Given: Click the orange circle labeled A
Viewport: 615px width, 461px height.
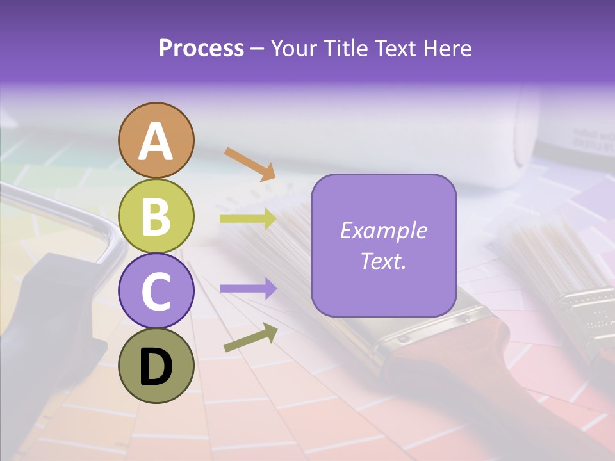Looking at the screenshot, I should coord(156,140).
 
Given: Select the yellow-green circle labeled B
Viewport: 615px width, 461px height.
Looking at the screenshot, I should coord(156,216).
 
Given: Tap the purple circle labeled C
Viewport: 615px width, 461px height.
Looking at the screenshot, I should coord(156,291).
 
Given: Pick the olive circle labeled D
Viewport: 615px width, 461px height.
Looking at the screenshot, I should coord(156,366).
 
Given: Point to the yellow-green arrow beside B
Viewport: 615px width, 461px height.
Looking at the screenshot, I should coord(248,219).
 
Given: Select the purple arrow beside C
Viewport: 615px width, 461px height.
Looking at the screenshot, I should coord(248,289).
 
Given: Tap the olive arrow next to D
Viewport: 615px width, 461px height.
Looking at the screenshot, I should coord(250,337).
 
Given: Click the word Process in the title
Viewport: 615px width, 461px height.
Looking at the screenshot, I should coord(201,48).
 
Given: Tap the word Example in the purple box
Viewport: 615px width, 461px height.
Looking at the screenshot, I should coord(384,230).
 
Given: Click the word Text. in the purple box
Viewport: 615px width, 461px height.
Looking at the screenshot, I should coord(384,261).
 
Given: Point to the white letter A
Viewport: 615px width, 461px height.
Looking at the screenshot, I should coord(156,142).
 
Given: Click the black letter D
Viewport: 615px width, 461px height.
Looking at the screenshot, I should coord(156,368).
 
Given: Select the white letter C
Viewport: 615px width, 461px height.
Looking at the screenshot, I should coord(156,292).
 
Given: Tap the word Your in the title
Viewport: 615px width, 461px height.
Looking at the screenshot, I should coord(293,48).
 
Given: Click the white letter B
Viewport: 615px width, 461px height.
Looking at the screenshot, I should coord(156,216).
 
